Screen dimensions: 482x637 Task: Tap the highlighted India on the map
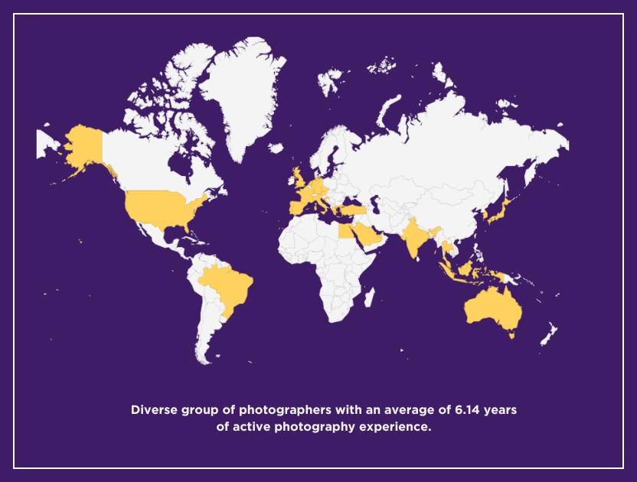pyautogui.click(x=413, y=238)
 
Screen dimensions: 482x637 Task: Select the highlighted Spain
pyautogui.click(x=297, y=207)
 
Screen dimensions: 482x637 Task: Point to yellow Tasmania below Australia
pyautogui.click(x=511, y=334)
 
